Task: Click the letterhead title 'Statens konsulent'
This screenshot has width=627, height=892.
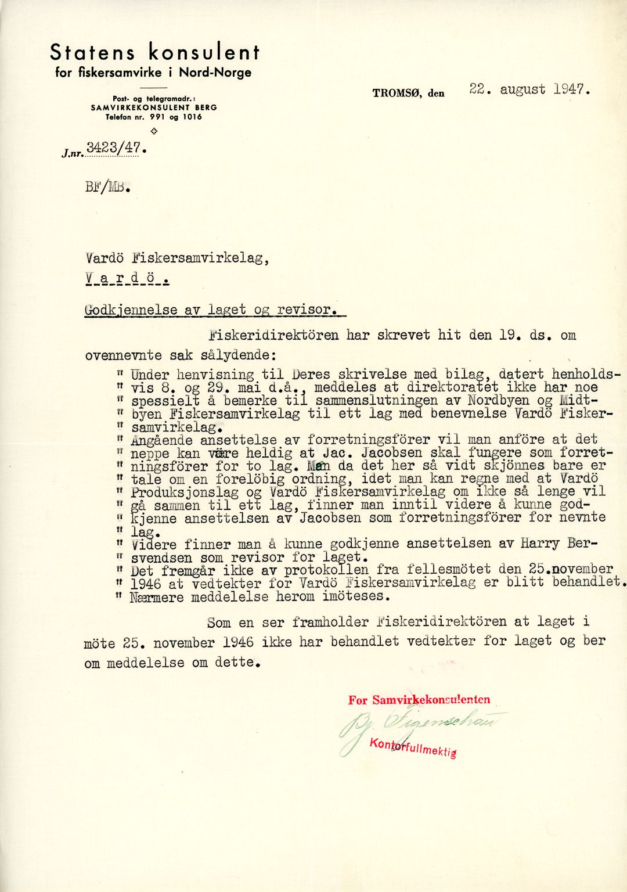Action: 154,52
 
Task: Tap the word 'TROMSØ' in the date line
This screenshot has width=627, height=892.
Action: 397,93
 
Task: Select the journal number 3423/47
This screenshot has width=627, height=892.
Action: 114,148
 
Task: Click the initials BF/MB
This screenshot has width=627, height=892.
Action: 107,188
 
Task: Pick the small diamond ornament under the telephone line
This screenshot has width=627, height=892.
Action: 154,131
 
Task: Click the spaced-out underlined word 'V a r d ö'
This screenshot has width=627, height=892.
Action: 127,280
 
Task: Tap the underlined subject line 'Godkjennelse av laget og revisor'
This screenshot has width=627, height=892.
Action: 212,310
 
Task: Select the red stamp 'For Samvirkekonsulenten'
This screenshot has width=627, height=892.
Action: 419,700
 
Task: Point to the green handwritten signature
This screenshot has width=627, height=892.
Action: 418,726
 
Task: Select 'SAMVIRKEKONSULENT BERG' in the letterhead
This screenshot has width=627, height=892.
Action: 154,107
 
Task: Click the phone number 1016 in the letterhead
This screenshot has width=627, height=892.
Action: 192,117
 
